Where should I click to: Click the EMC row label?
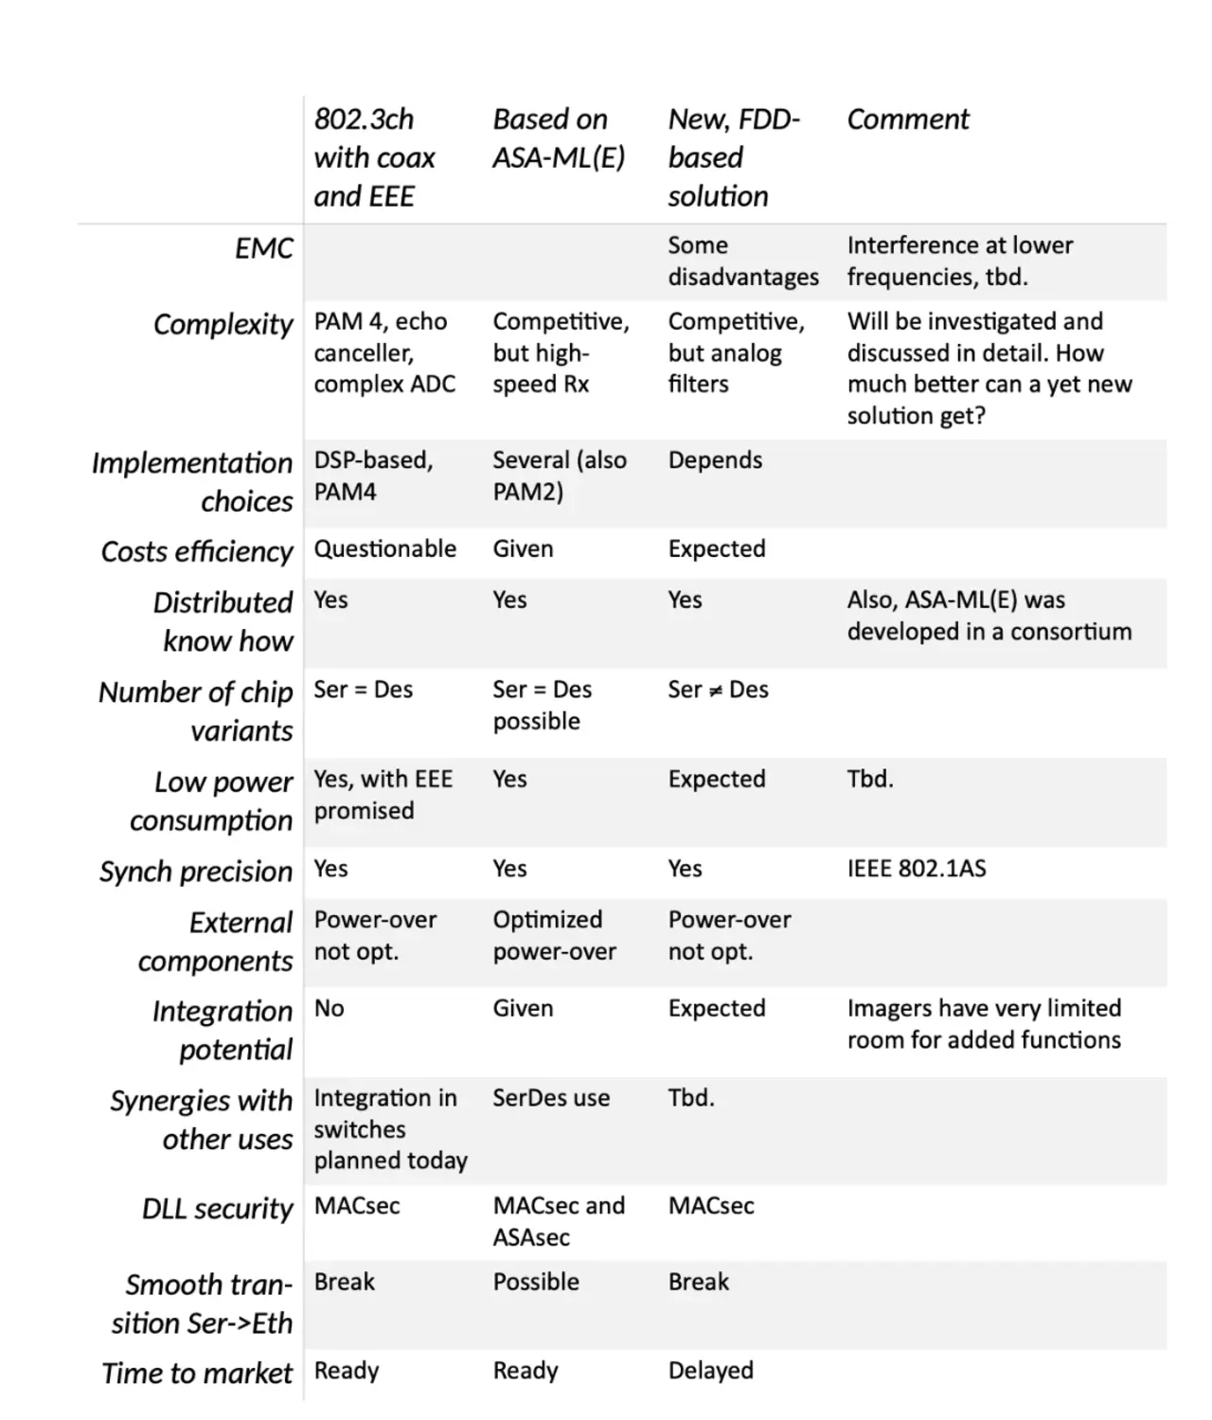point(264,248)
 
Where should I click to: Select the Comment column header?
point(907,119)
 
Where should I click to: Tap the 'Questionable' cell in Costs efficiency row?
point(384,548)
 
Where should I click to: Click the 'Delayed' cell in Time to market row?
point(710,1370)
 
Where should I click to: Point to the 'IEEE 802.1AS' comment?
point(916,868)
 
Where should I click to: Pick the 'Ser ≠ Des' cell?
point(718,690)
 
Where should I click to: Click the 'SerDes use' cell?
point(550,1098)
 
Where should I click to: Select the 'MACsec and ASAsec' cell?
point(559,1221)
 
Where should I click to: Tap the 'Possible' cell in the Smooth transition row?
point(535,1282)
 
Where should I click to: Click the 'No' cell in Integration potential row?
point(329,1008)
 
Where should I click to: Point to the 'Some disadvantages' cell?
point(742,261)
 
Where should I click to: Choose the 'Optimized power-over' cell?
point(554,935)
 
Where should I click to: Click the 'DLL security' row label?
point(218,1209)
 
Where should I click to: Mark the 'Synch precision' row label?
point(196,872)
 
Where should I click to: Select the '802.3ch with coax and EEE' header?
point(374,157)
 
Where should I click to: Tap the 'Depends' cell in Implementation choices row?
point(715,460)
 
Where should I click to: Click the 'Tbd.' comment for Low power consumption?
point(869,779)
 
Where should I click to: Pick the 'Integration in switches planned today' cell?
point(390,1129)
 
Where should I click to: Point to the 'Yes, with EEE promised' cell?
point(383,794)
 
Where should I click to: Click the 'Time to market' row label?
point(197,1373)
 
